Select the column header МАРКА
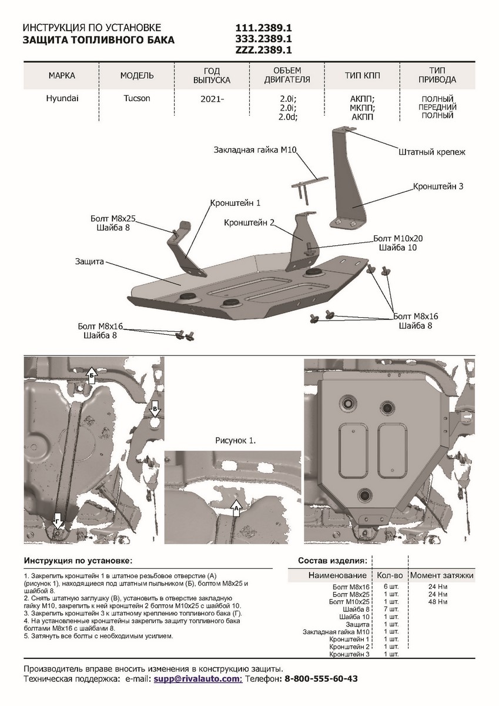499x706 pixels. (62, 76)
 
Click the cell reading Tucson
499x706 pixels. (136, 98)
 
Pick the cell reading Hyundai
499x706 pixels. (61, 98)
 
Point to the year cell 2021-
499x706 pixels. (212, 99)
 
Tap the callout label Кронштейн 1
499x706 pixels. (235, 202)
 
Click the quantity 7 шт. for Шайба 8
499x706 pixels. (390, 610)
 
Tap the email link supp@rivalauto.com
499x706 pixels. (197, 678)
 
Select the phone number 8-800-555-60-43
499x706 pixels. (321, 678)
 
